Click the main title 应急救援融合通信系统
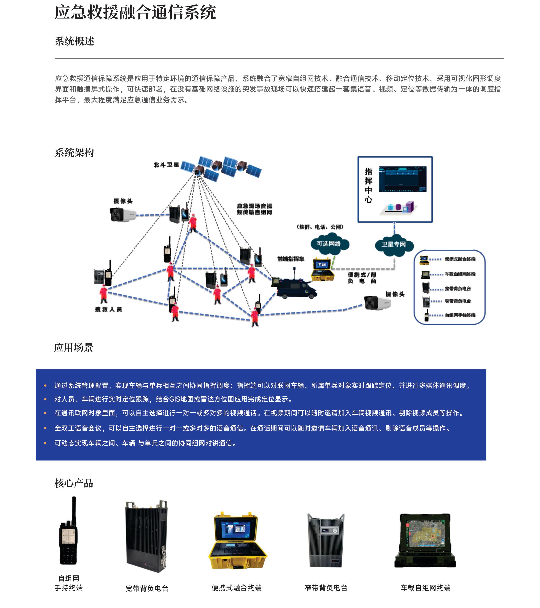pos(135,13)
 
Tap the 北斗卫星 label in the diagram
pos(166,165)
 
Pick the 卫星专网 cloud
pos(394,245)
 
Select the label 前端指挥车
pos(291,259)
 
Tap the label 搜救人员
pos(108,309)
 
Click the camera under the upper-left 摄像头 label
pos(123,214)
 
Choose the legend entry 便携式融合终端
pos(460,259)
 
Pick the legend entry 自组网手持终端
pos(460,315)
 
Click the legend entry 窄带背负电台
pos(457,301)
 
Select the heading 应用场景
pos(74,347)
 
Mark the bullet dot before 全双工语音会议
pos(45,428)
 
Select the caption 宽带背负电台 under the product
pos(147,588)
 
